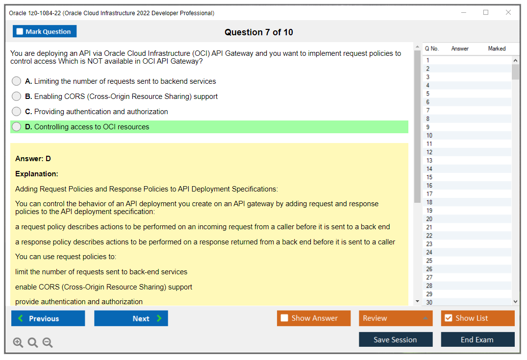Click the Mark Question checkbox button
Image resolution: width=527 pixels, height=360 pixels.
(x=45, y=31)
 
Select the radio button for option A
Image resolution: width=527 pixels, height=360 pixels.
(x=17, y=81)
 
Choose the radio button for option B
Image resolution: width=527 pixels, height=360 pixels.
(x=17, y=96)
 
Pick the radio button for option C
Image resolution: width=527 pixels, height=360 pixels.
(x=17, y=112)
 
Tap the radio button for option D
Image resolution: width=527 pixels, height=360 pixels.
(x=17, y=127)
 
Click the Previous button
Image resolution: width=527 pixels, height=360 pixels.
(x=48, y=318)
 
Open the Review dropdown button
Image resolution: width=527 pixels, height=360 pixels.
(x=396, y=318)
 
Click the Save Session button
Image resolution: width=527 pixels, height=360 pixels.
(x=396, y=339)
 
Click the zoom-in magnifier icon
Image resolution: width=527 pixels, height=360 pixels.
(x=18, y=343)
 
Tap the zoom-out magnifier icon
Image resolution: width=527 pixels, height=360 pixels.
(x=48, y=343)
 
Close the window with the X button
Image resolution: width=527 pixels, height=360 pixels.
(x=508, y=13)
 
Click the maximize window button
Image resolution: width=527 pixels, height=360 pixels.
(x=486, y=13)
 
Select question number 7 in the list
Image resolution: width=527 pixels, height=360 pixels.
(x=428, y=110)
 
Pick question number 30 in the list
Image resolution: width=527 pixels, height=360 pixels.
(x=429, y=302)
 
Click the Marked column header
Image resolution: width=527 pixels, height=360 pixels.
(x=497, y=48)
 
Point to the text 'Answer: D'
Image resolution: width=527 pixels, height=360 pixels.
(x=33, y=159)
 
